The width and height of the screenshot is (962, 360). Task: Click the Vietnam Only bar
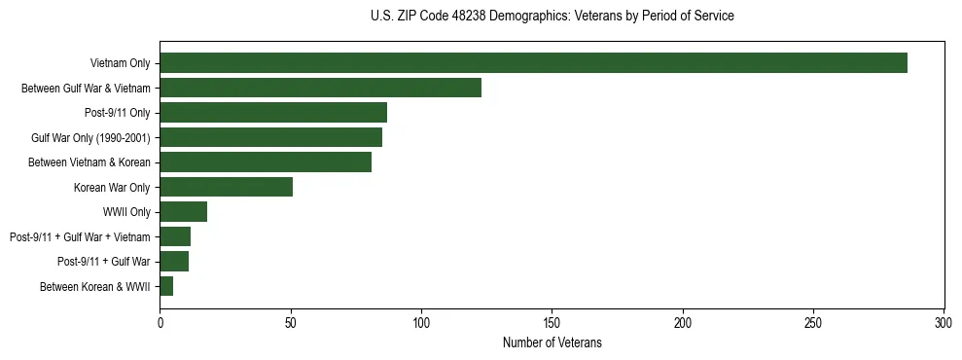click(x=533, y=63)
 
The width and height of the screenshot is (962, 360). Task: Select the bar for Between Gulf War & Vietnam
click(x=320, y=88)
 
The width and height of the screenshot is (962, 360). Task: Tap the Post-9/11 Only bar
click(x=273, y=113)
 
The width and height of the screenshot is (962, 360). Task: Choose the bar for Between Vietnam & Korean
click(x=266, y=162)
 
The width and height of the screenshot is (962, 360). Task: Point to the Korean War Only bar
click(x=226, y=187)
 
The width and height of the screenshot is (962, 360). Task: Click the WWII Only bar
click(x=183, y=212)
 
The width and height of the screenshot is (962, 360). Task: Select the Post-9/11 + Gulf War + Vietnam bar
click(x=175, y=236)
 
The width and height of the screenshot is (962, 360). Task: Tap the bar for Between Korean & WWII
click(x=166, y=286)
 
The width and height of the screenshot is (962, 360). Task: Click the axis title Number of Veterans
click(x=552, y=342)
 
